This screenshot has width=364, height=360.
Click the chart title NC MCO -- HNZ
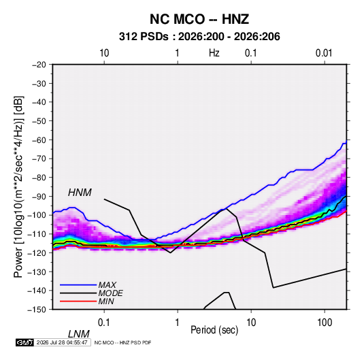[199, 19]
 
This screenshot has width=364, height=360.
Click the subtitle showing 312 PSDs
[199, 37]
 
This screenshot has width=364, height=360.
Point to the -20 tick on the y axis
[39, 65]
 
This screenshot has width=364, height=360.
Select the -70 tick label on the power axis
[39, 159]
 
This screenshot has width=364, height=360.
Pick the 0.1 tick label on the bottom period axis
[104, 322]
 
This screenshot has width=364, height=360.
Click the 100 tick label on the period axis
[325, 322]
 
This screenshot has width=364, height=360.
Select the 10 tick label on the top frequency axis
[104, 53]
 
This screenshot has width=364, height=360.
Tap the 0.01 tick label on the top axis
[324, 53]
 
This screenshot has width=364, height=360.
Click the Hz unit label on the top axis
[214, 53]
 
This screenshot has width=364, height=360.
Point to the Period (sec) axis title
[214, 330]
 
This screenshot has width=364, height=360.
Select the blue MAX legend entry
[88, 284]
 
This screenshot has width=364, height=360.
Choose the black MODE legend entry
[91, 293]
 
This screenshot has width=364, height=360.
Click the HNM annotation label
[80, 193]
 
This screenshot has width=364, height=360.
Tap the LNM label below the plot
[78, 334]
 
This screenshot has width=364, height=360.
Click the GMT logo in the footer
[24, 342]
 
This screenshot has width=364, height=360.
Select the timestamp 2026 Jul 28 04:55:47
[62, 342]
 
